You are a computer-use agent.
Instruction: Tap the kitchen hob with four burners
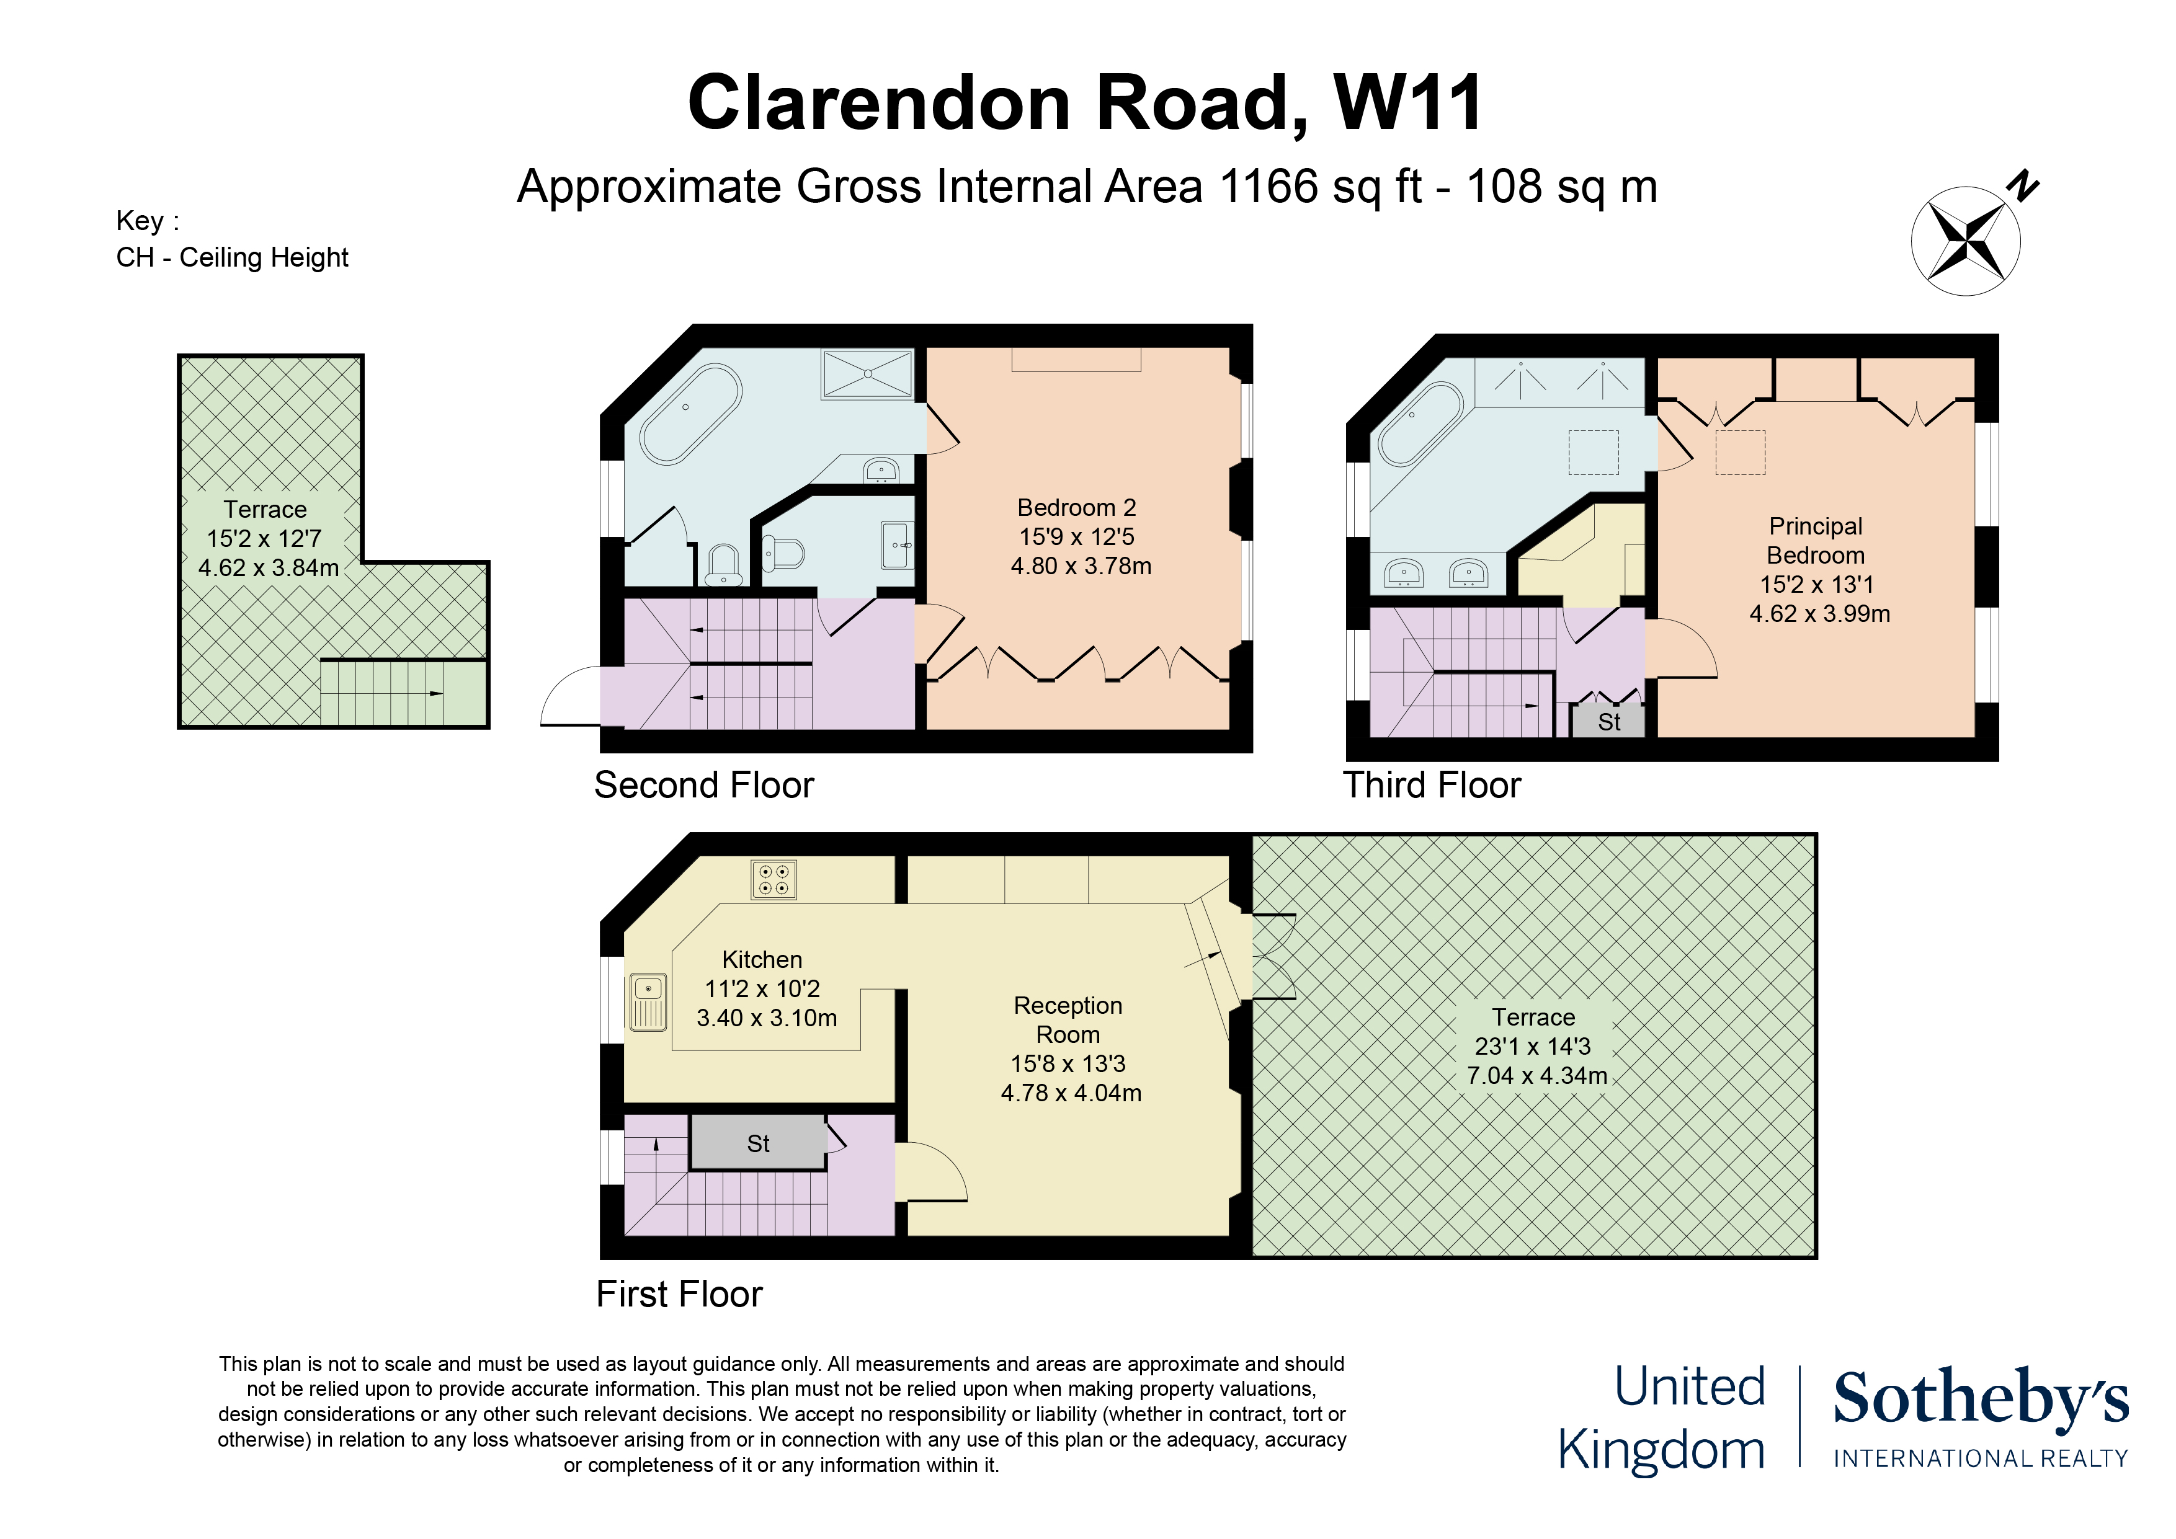click(774, 879)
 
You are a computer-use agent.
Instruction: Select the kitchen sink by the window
click(648, 1003)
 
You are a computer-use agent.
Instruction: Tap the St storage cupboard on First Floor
click(758, 1142)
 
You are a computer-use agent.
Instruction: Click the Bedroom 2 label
click(1077, 508)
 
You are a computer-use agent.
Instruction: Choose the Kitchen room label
click(762, 960)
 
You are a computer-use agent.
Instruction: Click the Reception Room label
click(1068, 1019)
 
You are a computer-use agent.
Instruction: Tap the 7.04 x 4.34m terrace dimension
click(1537, 1076)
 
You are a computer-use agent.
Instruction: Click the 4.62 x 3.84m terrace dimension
click(268, 567)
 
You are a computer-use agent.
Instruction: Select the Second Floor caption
click(703, 786)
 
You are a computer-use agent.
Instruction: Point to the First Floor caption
click(679, 1295)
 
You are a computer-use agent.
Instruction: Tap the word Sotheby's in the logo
click(1981, 1399)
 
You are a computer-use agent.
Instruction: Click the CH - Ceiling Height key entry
click(232, 258)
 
